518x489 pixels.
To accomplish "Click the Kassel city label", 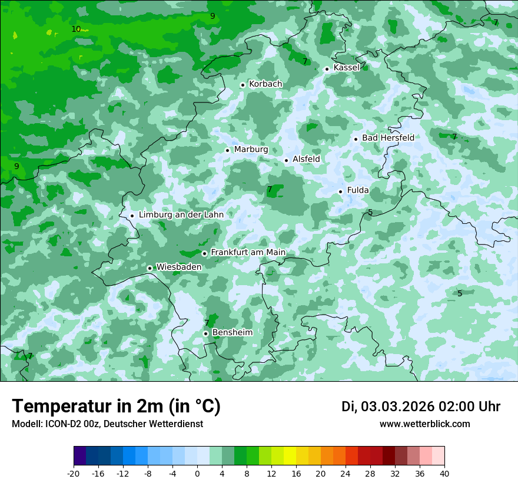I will coord(346,68).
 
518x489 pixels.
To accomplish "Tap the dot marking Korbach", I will coord(243,85).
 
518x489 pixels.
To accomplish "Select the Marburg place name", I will coord(251,150).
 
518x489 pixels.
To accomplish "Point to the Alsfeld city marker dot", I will coord(287,160).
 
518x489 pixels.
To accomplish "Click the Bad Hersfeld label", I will coord(388,138).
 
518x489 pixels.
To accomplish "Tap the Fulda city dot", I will coord(341,191).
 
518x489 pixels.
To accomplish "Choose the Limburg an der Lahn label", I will coord(181,215).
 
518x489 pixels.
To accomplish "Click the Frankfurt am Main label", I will coord(248,253).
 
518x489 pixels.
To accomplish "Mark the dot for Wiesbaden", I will coord(150,268).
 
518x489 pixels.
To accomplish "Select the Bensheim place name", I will coord(232,333).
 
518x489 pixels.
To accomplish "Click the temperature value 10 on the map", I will coord(76,29).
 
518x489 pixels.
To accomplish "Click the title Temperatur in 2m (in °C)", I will coord(116,407).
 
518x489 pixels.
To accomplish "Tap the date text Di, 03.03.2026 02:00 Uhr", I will coord(421,407).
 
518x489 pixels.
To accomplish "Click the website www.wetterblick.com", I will coord(424,424).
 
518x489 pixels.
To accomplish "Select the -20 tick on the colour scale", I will coord(74,473).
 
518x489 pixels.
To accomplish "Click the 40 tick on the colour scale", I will coord(444,473).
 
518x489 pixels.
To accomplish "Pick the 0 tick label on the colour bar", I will coord(197,473).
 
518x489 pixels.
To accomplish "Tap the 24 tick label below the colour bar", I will coord(346,473).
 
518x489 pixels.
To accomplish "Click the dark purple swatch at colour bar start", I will coord(79,456).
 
